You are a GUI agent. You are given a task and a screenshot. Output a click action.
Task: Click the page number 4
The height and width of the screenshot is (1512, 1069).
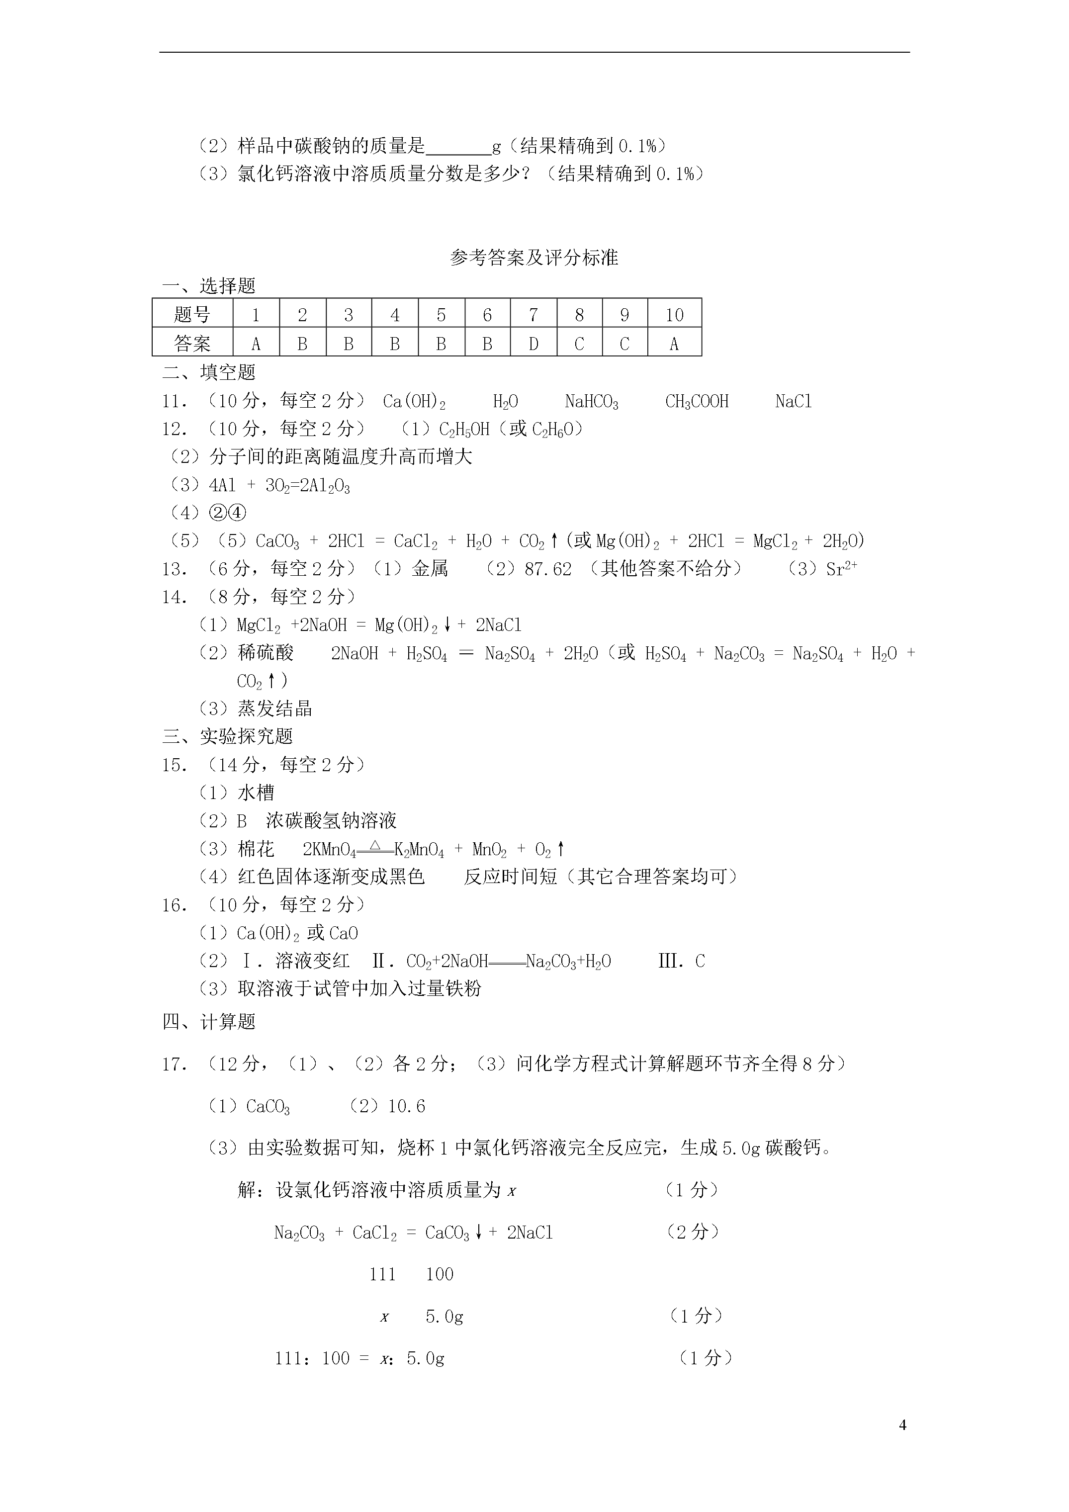(902, 1425)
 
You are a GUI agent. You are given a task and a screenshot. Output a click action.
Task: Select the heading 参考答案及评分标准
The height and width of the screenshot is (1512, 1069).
(534, 258)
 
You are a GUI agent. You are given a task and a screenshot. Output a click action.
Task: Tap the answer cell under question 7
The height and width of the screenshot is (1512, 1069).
(534, 343)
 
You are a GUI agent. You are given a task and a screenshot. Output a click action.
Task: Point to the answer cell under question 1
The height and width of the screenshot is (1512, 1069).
(256, 343)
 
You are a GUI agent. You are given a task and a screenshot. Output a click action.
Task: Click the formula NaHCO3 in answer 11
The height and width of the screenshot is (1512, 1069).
(592, 401)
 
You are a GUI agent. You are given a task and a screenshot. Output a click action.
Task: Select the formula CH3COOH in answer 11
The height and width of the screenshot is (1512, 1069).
(697, 401)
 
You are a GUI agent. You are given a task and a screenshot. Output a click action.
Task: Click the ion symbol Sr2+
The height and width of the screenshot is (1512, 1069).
(841, 568)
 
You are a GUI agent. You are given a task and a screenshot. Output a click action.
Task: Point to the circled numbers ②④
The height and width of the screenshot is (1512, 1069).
(227, 512)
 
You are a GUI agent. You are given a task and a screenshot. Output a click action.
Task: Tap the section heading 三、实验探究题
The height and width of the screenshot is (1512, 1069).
(227, 736)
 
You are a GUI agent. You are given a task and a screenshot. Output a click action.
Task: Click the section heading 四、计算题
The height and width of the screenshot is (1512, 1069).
(209, 1021)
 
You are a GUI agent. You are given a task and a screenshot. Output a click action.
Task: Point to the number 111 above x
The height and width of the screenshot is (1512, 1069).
(382, 1274)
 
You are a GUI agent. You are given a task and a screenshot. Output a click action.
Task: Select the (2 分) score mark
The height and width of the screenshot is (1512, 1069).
(692, 1232)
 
